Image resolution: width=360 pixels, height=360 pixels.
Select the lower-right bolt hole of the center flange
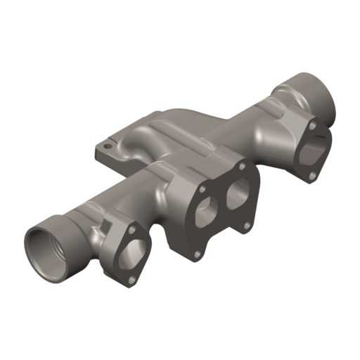pos(246,225)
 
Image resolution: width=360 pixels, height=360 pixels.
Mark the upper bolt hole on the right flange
pos(311,124)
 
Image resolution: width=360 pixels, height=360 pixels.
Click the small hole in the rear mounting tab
pos(107,147)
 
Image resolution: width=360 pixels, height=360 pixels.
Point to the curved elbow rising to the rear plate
pos(176,134)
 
